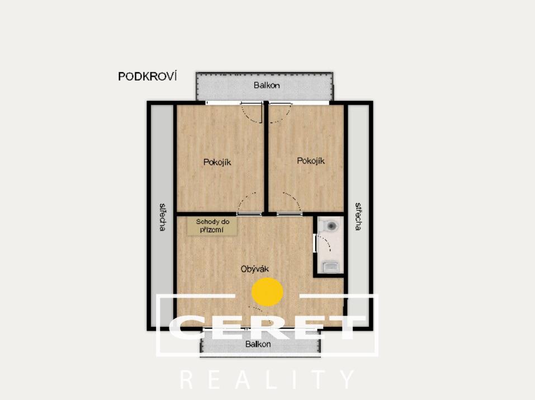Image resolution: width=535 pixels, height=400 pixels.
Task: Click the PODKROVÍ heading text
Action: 148,77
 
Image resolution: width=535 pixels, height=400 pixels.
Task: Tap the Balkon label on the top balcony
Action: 267,85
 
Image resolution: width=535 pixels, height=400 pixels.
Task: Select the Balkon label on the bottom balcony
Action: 258,344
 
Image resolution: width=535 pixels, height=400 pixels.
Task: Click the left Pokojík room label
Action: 217,162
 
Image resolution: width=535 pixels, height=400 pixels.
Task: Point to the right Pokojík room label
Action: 310,161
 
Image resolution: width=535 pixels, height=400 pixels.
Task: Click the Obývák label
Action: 254,269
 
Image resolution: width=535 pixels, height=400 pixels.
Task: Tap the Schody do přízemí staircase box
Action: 212,226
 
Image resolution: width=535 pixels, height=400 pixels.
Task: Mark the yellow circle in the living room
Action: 267,291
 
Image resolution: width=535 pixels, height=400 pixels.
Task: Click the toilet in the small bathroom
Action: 330,225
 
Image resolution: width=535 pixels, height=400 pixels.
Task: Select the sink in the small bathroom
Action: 330,266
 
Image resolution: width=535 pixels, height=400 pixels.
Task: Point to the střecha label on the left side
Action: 163,217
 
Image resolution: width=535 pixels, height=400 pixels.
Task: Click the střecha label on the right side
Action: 358,217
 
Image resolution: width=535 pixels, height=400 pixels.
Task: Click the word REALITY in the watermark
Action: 267,379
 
